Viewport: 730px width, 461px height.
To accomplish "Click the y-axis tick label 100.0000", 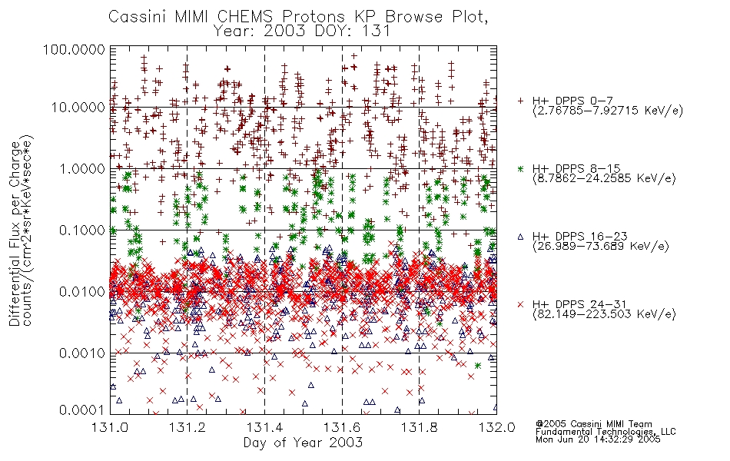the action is point(74,49).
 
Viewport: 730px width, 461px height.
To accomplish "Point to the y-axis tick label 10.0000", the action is point(78,108).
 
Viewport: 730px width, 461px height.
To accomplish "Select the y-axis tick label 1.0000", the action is point(82,168).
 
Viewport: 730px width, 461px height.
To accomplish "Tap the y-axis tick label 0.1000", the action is point(82,230).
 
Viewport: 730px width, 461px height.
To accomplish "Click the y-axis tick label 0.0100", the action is point(82,291).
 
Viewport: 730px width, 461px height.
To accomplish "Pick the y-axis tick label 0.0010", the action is point(82,353).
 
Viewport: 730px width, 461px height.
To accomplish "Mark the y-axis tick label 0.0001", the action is point(82,410).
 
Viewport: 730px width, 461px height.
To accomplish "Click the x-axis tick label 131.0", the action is point(111,427).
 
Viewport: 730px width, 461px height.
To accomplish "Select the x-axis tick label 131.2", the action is point(187,427).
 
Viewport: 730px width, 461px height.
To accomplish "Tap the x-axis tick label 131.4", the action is point(265,427).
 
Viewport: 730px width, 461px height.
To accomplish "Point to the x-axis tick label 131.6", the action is point(342,427).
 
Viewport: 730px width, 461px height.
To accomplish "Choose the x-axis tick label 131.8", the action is point(420,427).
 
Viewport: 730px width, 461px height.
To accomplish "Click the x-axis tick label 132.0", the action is point(496,427).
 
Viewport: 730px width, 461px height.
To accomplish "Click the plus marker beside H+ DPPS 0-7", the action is point(520,101).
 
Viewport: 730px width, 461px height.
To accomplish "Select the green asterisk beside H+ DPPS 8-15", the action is point(520,168).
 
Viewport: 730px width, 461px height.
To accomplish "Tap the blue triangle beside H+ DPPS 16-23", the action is point(520,237).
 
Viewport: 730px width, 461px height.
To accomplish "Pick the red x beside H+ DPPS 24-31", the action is point(520,304).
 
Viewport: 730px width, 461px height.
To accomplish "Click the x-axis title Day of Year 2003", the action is point(303,443).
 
